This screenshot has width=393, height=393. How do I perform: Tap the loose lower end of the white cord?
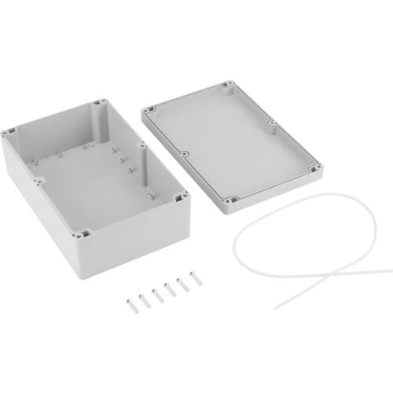point(277,306)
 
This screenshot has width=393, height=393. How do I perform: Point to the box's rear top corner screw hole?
point(102,102)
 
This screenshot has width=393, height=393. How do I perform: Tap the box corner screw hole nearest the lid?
point(184,194)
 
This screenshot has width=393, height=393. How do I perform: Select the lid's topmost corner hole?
point(228,84)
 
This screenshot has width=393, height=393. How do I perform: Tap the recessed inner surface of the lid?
point(232,141)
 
